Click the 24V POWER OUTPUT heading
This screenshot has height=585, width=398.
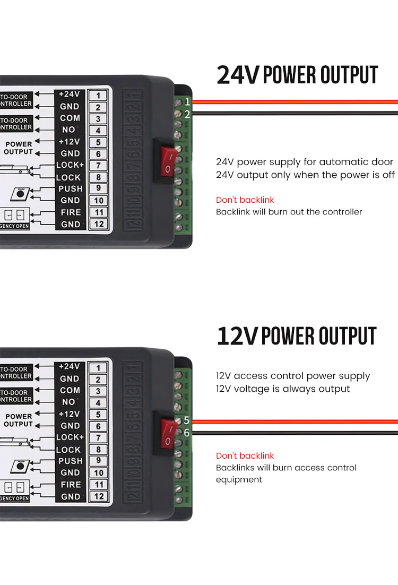click(x=297, y=75)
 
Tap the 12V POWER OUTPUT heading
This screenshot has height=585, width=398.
click(x=297, y=336)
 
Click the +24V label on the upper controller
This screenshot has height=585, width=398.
click(x=69, y=94)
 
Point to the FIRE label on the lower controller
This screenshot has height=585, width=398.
click(x=71, y=484)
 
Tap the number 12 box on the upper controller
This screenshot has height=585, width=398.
click(x=98, y=224)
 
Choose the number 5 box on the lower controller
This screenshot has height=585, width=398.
click(x=98, y=415)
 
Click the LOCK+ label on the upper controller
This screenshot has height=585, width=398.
click(x=70, y=165)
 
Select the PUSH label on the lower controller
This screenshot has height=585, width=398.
click(x=71, y=461)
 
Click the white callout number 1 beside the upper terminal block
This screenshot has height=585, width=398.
click(x=187, y=101)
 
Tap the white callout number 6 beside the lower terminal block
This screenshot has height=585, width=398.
click(x=186, y=433)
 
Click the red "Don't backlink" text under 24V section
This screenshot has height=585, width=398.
click(x=245, y=200)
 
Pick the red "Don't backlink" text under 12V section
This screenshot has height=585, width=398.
click(x=245, y=455)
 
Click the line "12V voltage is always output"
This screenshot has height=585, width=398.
click(x=283, y=389)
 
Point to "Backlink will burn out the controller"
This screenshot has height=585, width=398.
click(x=289, y=212)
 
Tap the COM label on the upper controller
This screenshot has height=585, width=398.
click(x=70, y=118)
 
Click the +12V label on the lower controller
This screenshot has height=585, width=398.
click(x=69, y=414)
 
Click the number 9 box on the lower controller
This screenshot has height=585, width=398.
click(x=98, y=461)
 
